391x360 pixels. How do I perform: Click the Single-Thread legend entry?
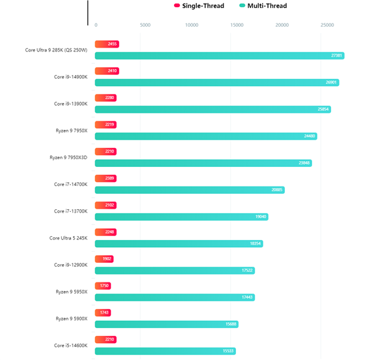[x=199, y=6]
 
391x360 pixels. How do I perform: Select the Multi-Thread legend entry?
[x=263, y=6]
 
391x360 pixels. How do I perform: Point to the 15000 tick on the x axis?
[x=237, y=25]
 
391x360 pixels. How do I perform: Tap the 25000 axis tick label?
[x=327, y=25]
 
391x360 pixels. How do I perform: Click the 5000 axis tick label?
[x=145, y=25]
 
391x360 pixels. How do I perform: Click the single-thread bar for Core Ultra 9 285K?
[x=107, y=44]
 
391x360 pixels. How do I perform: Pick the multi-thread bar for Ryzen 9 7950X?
[x=206, y=136]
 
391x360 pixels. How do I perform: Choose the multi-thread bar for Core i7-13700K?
[x=181, y=217]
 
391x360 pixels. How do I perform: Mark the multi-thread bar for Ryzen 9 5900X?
[x=166, y=324]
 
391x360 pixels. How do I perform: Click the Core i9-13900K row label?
[x=70, y=104]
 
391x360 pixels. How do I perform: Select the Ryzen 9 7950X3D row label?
[x=68, y=157]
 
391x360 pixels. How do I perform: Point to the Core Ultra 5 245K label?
[x=68, y=238]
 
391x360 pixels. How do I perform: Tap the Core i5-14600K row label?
[x=70, y=345]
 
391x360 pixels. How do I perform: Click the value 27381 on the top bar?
[x=337, y=55]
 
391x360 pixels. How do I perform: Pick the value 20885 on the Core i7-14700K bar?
[x=277, y=190]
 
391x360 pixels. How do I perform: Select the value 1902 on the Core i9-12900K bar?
[x=108, y=259]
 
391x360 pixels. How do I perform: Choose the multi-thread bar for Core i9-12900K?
[x=175, y=270]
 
